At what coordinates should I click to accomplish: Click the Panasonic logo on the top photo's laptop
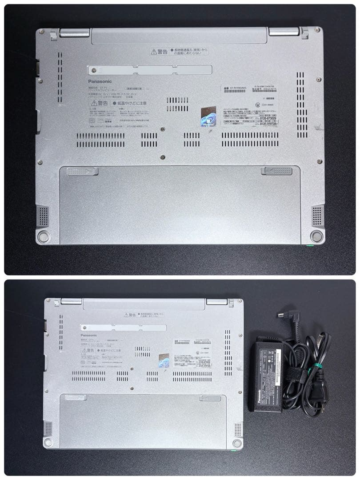[100, 81]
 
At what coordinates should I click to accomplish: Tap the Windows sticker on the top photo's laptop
[208, 116]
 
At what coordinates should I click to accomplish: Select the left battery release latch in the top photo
[82, 171]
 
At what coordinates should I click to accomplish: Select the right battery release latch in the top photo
[276, 171]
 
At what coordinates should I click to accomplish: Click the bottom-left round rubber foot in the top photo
[44, 236]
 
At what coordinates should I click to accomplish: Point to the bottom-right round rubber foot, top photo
[316, 236]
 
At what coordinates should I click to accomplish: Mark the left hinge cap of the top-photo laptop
[74, 32]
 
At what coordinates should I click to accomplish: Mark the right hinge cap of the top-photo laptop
[284, 32]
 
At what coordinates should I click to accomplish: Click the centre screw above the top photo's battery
[163, 157]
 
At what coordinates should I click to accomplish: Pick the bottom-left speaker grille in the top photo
[43, 216]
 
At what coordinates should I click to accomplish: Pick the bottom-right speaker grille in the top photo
[317, 216]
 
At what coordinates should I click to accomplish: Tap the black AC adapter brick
[265, 373]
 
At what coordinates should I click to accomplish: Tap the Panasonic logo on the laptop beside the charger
[88, 335]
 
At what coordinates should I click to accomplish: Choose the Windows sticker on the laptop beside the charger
[164, 360]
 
